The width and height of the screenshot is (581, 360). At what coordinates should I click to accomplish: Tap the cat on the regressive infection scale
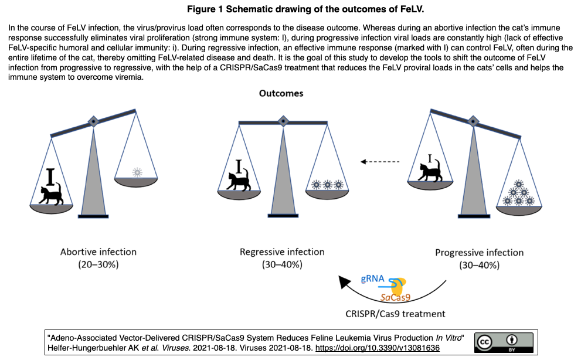tap(239, 181)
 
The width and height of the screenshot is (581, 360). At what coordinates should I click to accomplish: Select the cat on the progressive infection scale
tap(430, 171)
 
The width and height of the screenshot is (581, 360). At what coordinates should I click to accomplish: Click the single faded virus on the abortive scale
tap(137, 172)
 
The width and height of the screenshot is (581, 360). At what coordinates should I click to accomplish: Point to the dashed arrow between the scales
tap(380, 162)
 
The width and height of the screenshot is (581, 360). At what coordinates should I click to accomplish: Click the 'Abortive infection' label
tap(98, 252)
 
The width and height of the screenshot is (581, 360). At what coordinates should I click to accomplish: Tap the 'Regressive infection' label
tap(282, 252)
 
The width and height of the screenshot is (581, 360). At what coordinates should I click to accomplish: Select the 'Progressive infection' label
tap(479, 253)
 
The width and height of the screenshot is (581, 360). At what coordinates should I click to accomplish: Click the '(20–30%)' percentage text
tap(98, 264)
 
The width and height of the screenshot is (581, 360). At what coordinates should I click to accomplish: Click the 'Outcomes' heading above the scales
tap(281, 93)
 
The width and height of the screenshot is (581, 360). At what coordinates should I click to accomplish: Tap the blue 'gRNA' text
tap(372, 279)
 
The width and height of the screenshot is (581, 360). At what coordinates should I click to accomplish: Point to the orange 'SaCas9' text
tap(395, 297)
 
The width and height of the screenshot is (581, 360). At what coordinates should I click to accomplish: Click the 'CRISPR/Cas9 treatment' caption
tap(395, 314)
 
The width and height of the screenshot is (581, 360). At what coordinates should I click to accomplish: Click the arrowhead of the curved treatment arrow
tap(344, 282)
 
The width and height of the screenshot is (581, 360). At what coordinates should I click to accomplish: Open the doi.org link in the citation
tap(377, 348)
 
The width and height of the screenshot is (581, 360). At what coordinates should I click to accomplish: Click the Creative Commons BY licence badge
tap(504, 342)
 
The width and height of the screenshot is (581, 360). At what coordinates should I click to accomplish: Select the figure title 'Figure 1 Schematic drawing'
tap(305, 9)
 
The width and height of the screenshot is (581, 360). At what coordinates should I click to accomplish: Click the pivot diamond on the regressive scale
tap(283, 121)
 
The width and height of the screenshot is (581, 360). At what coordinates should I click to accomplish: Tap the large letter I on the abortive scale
tap(50, 176)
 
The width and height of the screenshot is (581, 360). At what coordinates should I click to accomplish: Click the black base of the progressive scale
tap(474, 216)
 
